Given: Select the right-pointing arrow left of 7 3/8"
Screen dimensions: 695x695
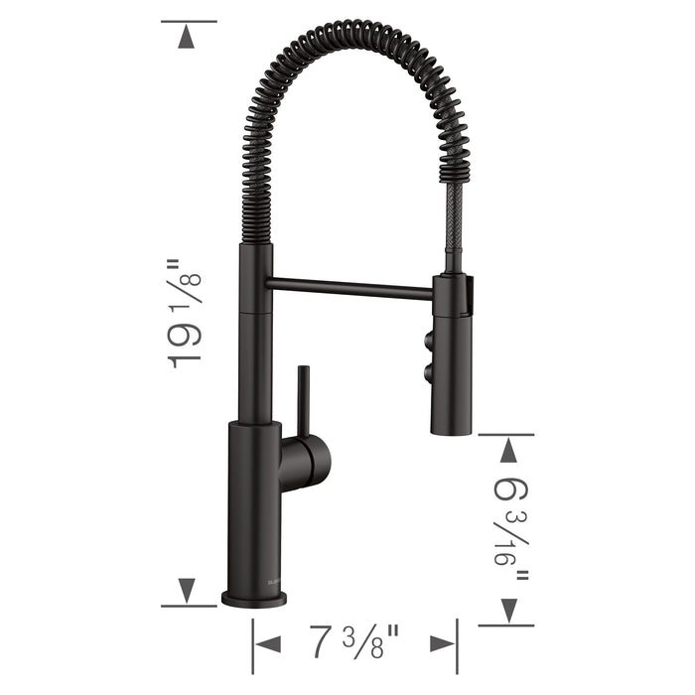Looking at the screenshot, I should click(x=269, y=643).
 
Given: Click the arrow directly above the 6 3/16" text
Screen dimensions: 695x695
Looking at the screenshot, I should click(x=508, y=452).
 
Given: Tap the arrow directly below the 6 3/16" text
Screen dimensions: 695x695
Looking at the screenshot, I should click(x=508, y=609).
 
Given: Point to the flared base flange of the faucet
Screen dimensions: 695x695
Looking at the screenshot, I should click(x=254, y=599).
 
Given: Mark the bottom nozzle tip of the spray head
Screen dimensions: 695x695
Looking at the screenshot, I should click(x=454, y=430).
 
